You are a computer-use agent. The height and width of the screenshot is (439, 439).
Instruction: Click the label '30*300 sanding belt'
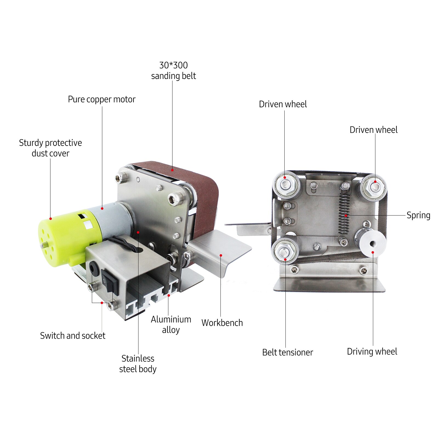(x=173, y=70)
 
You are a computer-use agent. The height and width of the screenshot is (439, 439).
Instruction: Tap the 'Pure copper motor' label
(x=101, y=99)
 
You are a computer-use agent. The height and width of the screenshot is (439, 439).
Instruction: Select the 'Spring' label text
(x=418, y=215)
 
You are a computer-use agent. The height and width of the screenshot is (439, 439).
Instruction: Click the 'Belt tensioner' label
(x=287, y=352)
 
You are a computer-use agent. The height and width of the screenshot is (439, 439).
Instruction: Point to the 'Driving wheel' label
(x=372, y=352)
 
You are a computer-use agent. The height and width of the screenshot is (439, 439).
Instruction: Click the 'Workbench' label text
(x=222, y=323)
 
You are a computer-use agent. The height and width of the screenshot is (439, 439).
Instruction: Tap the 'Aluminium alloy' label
(x=171, y=324)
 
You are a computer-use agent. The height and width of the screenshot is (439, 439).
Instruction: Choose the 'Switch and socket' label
(x=73, y=336)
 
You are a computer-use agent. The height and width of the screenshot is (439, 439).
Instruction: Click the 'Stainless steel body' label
(x=138, y=364)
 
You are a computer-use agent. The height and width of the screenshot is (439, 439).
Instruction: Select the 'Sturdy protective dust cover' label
(x=50, y=148)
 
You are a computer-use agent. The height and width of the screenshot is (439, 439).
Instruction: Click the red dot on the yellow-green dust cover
(x=50, y=219)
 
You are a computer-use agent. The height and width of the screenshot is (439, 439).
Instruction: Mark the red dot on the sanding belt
(x=172, y=170)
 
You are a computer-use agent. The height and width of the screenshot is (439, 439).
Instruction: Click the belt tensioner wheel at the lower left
(x=285, y=250)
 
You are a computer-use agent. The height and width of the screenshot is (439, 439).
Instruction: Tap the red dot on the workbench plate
(x=221, y=255)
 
